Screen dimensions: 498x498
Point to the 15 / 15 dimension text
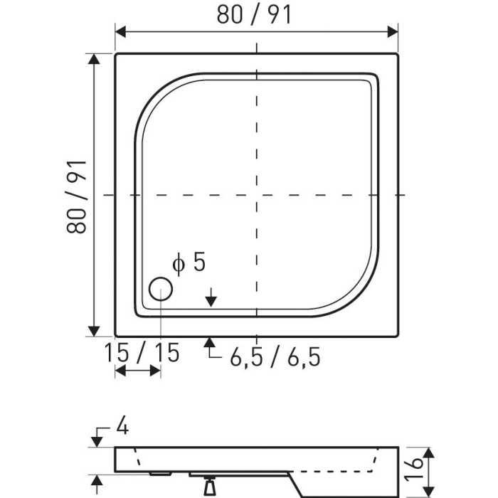[x=142, y=352]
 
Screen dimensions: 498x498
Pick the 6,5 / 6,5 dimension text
[x=275, y=357]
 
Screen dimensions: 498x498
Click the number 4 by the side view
[x=121, y=428]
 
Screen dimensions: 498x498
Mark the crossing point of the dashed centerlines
[x=256, y=194]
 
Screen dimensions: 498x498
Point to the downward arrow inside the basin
[x=211, y=300]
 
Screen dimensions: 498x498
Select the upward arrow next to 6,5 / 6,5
[x=210, y=346]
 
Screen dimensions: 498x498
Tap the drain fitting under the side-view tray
[x=210, y=486]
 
